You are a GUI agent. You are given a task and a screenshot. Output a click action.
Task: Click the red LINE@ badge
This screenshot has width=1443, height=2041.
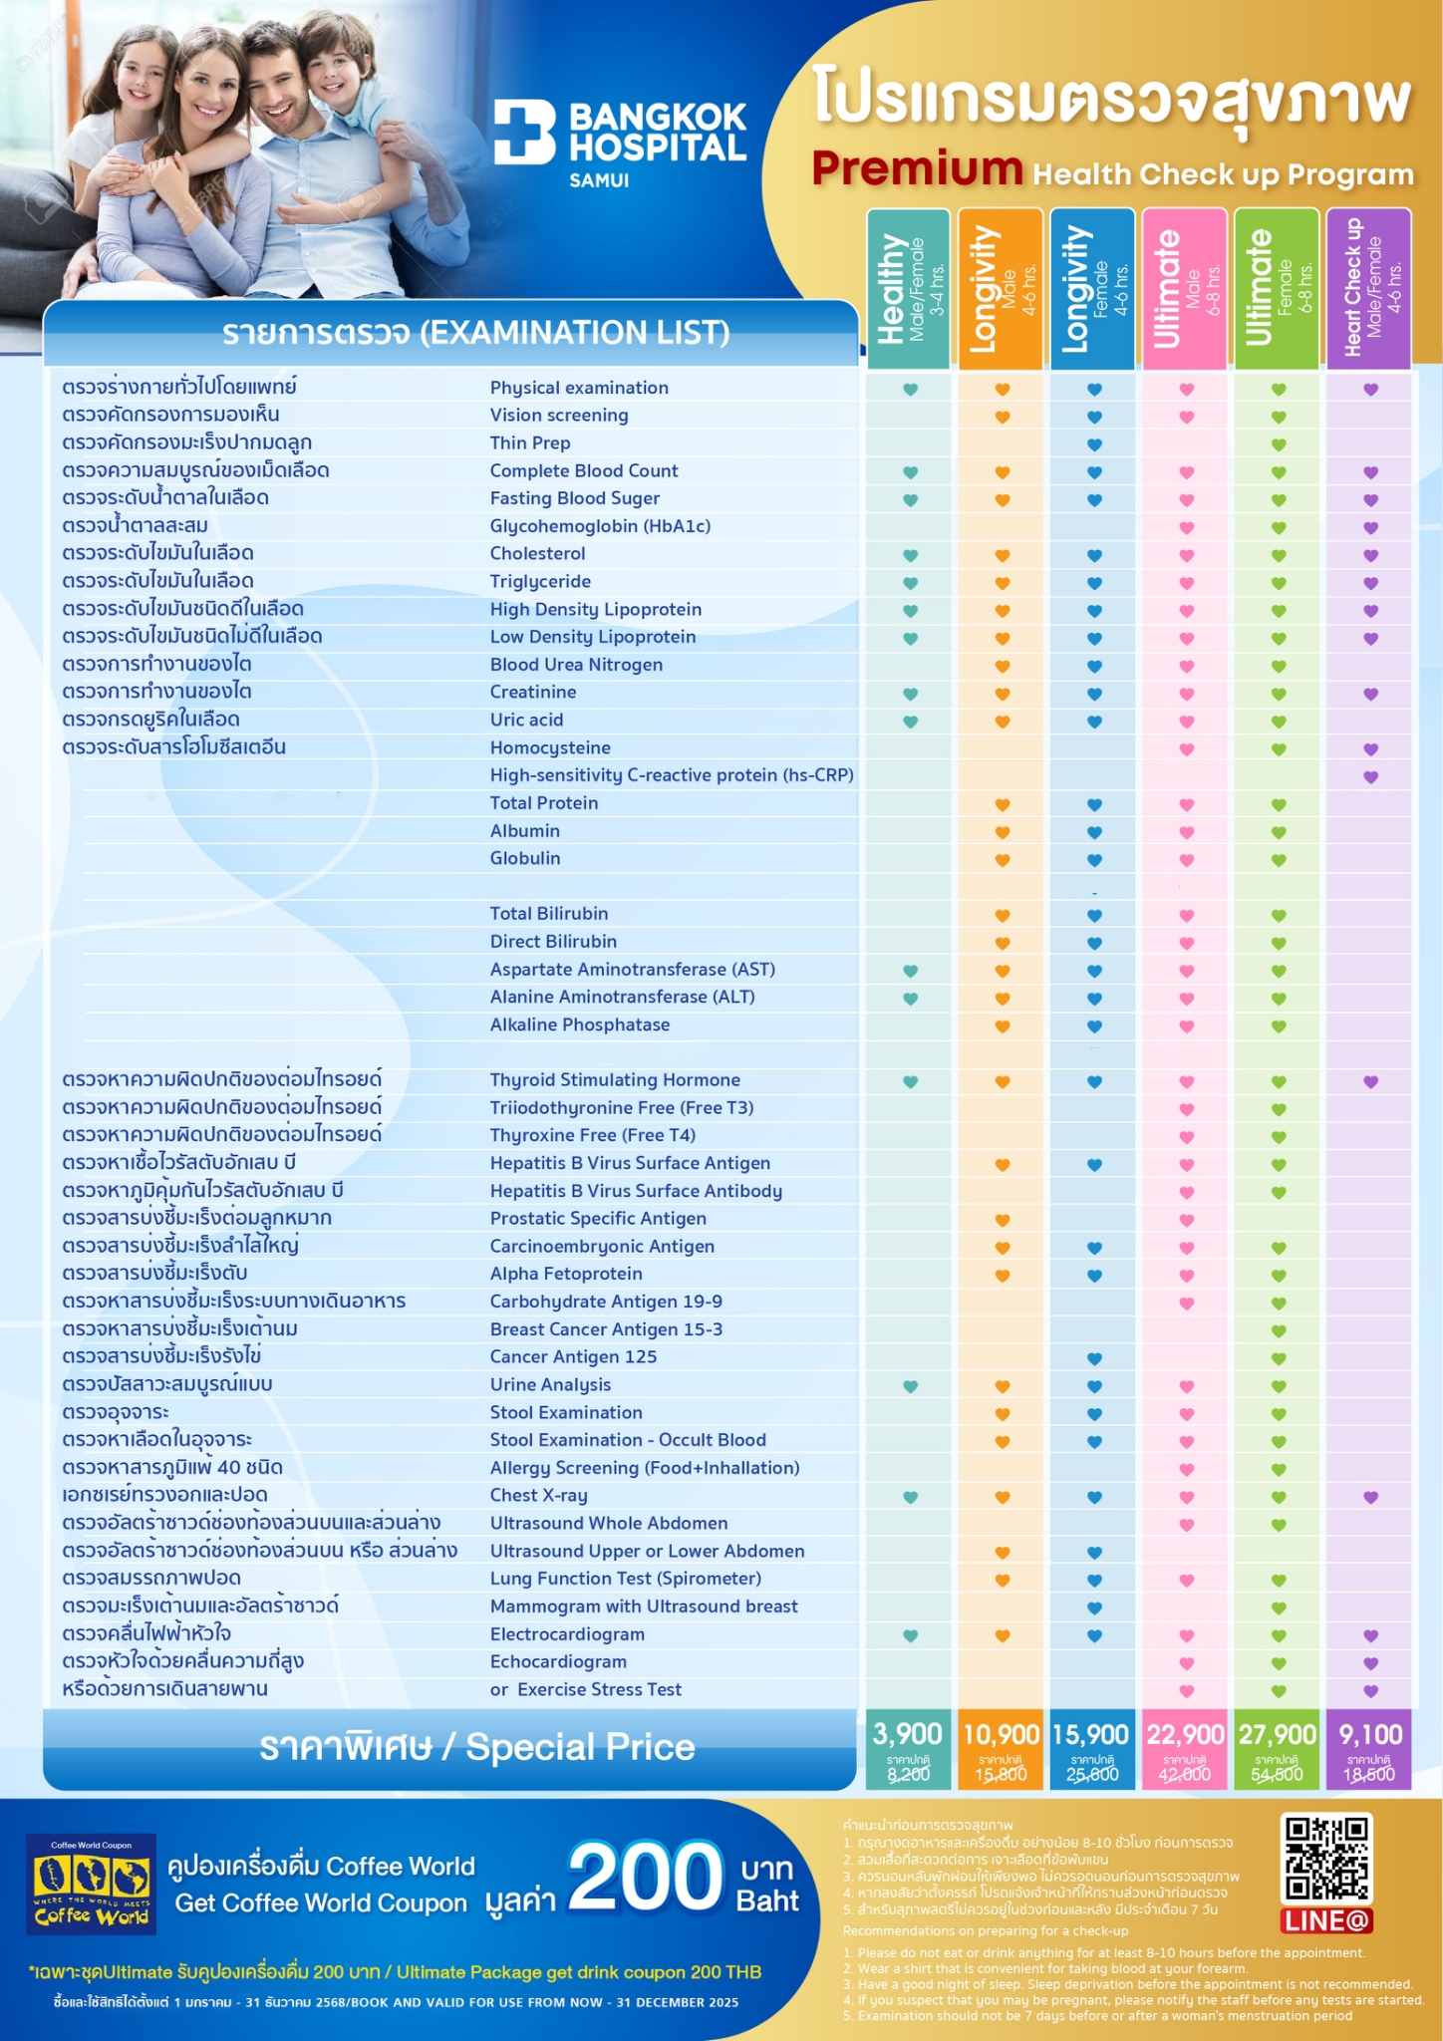1326,1920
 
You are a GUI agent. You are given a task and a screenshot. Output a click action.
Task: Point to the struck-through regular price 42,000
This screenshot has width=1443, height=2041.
1185,1774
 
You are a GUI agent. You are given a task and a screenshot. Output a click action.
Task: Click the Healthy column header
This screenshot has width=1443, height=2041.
908,289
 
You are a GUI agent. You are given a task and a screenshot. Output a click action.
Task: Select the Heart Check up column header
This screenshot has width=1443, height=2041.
1368,289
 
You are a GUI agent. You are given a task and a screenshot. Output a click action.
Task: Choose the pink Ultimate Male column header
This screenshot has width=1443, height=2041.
1185,289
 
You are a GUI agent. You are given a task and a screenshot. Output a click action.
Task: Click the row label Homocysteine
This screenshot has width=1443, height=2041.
550,747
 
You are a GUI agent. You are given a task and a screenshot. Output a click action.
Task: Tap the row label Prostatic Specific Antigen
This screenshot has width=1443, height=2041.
598,1218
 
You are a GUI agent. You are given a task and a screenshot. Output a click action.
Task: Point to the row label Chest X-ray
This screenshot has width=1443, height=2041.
538,1495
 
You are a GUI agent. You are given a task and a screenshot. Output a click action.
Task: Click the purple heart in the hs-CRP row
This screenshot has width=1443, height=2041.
1370,776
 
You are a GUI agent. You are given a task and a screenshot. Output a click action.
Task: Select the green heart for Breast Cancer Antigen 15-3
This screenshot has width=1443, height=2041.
1279,1330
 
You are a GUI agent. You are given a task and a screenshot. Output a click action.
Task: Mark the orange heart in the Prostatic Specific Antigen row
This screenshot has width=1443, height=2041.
1003,1220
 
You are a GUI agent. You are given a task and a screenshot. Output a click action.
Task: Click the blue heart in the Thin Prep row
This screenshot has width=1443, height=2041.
1094,444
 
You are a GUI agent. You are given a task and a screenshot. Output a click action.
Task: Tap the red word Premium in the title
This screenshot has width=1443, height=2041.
917,169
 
